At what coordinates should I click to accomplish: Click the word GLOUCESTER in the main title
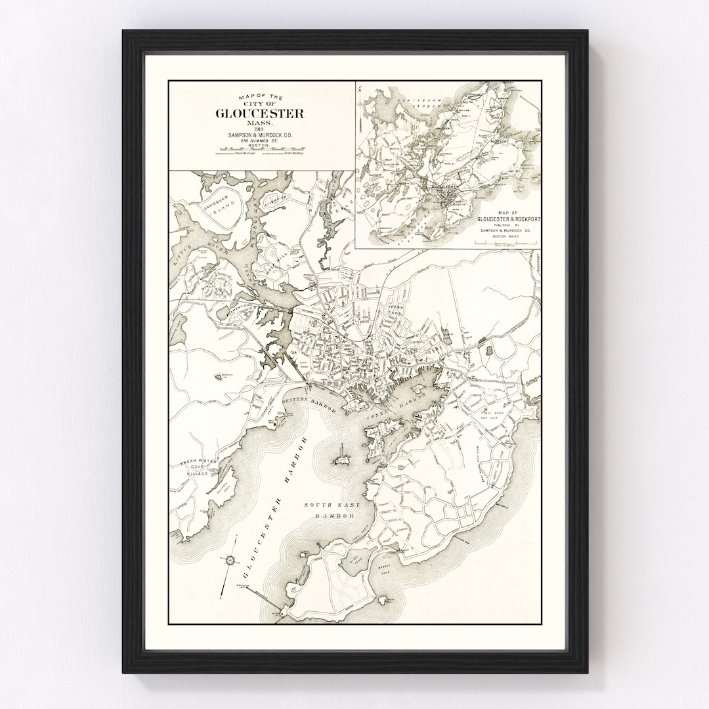tap(261, 113)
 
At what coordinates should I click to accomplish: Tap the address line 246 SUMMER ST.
tap(261, 141)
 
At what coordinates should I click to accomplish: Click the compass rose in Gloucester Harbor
tap(230, 560)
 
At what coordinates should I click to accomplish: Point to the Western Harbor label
tap(309, 402)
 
